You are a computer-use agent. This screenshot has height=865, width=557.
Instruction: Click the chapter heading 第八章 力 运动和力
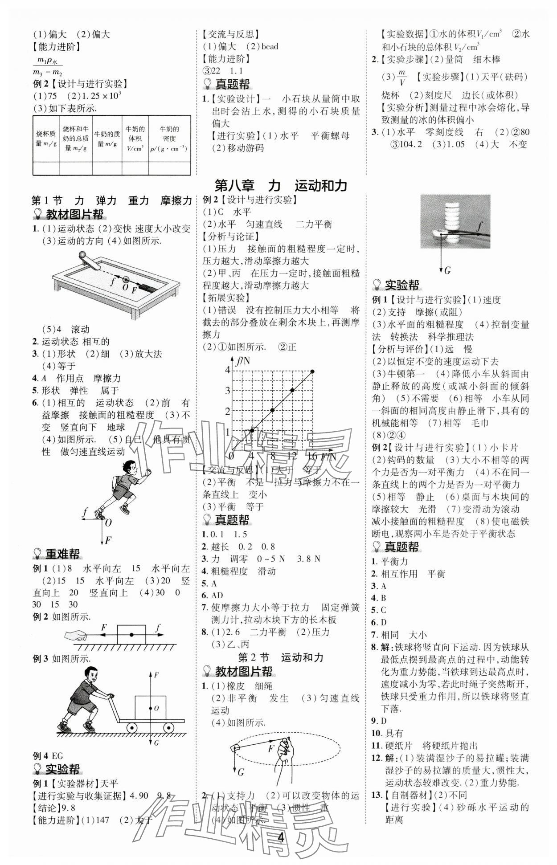click(280, 185)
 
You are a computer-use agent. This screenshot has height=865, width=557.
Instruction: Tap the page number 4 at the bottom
click(281, 837)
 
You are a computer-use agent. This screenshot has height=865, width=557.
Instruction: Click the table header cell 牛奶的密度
click(169, 139)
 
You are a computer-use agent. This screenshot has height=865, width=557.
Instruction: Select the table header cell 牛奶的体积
click(135, 139)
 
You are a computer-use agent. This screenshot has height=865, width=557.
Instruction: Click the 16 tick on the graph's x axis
click(312, 456)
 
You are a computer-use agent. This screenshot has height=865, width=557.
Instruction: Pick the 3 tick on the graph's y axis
click(228, 390)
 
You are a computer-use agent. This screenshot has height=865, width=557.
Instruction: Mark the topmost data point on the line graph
click(312, 371)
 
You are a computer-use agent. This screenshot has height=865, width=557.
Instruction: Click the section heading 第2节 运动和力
click(280, 657)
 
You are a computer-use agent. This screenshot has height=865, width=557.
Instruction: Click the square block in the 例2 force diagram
click(131, 634)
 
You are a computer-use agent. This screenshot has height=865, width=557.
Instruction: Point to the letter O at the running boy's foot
click(109, 522)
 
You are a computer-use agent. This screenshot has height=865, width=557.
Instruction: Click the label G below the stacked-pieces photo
click(447, 270)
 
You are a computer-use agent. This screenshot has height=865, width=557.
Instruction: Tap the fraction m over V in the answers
click(402, 77)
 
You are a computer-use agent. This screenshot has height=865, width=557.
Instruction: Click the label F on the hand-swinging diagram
click(270, 749)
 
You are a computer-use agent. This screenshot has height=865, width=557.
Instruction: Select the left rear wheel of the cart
click(132, 728)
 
